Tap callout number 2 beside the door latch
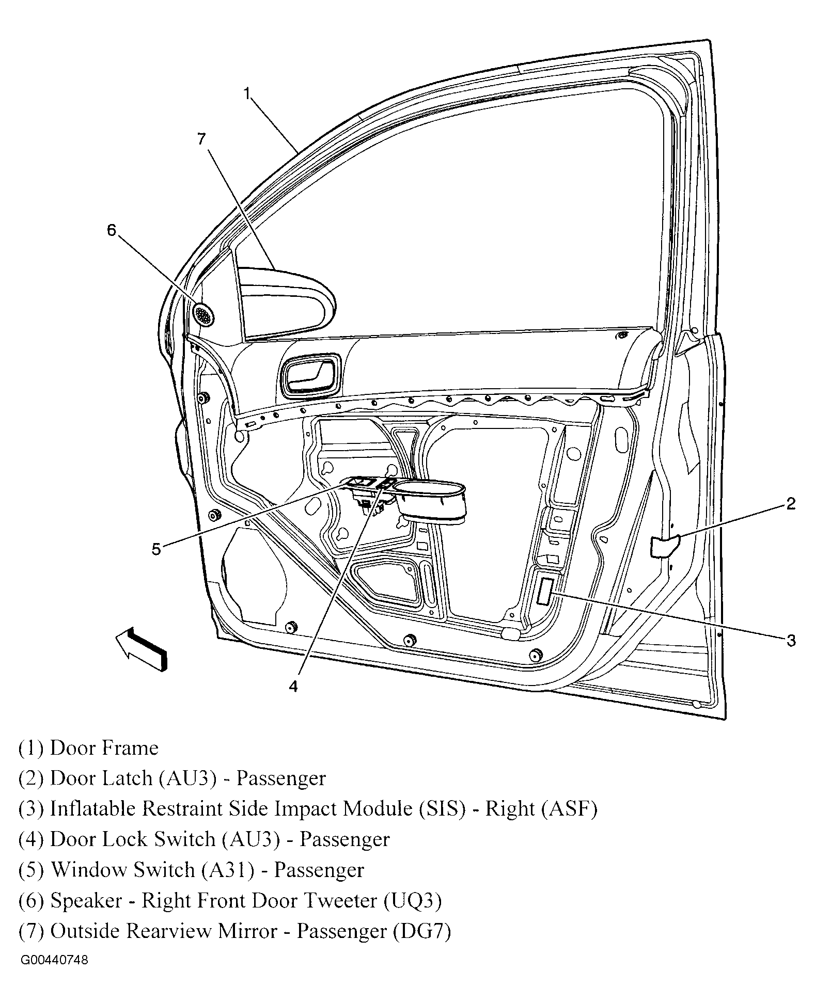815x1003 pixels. [x=791, y=503]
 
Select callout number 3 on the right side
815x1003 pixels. [x=791, y=641]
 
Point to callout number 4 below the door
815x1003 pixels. [x=293, y=687]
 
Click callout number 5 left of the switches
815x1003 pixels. [x=156, y=549]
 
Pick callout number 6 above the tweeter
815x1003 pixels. [x=112, y=230]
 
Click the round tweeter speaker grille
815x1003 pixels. [x=204, y=314]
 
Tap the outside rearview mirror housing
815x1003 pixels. [x=289, y=305]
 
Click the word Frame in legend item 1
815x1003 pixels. [x=132, y=748]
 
